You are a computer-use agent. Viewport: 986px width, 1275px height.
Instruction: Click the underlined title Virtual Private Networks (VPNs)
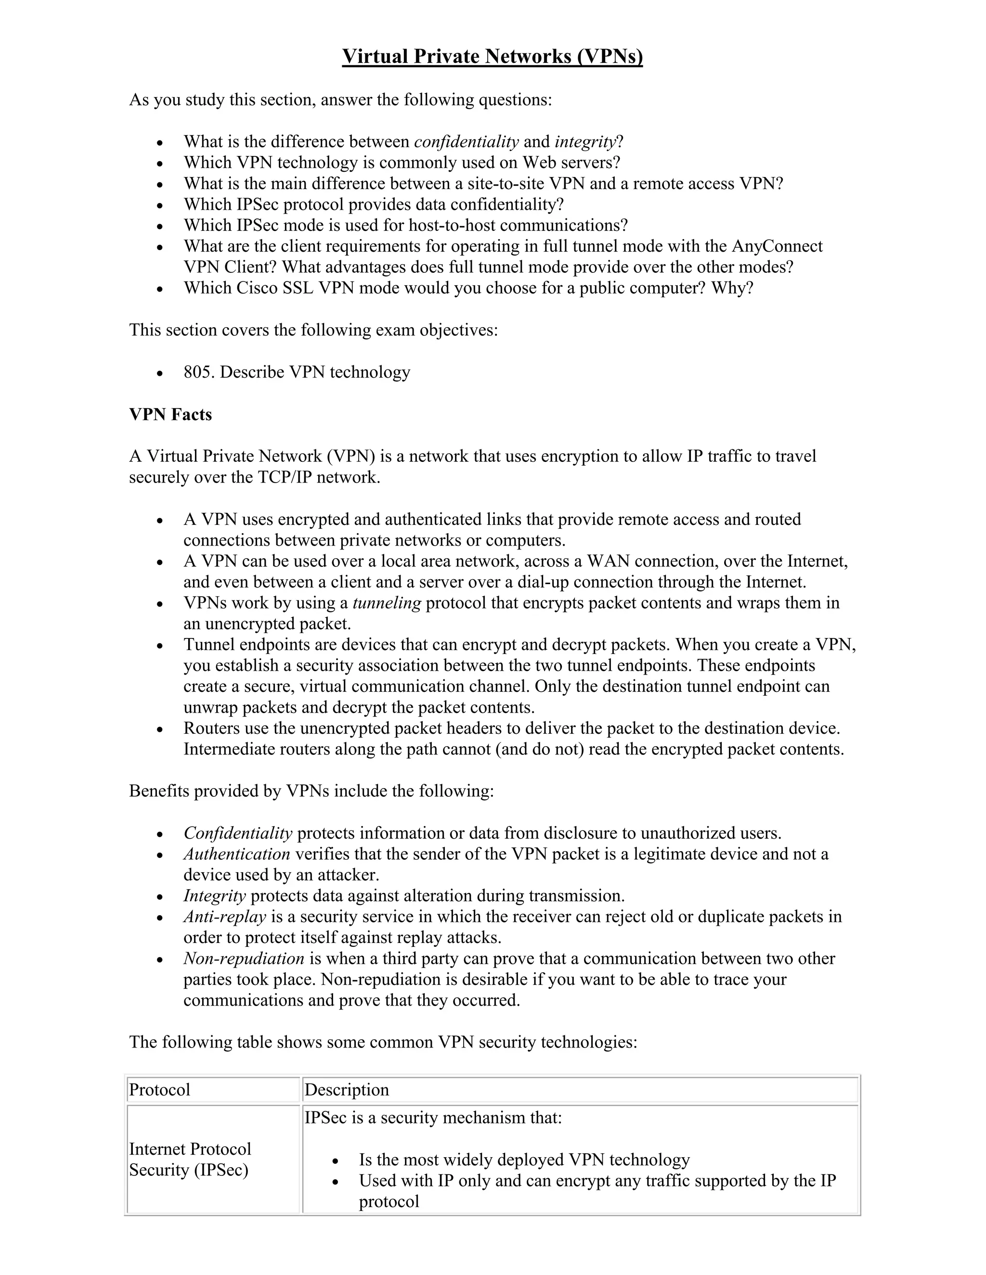pyautogui.click(x=492, y=57)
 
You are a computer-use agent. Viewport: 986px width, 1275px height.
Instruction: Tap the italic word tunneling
pyautogui.click(x=387, y=603)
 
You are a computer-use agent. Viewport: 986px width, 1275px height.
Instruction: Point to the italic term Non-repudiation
pyautogui.click(x=244, y=958)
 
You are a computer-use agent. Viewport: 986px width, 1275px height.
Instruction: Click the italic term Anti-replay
pyautogui.click(x=225, y=917)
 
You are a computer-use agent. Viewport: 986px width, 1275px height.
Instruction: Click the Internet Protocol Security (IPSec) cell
pyautogui.click(x=190, y=1160)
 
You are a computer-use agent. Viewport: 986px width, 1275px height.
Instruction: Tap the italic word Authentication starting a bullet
pyautogui.click(x=236, y=854)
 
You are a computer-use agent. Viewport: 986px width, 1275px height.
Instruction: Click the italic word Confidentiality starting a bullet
pyautogui.click(x=238, y=833)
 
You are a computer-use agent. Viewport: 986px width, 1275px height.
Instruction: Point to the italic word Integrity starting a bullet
pyautogui.click(x=214, y=895)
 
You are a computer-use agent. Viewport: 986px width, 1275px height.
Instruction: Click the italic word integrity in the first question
pyautogui.click(x=585, y=142)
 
